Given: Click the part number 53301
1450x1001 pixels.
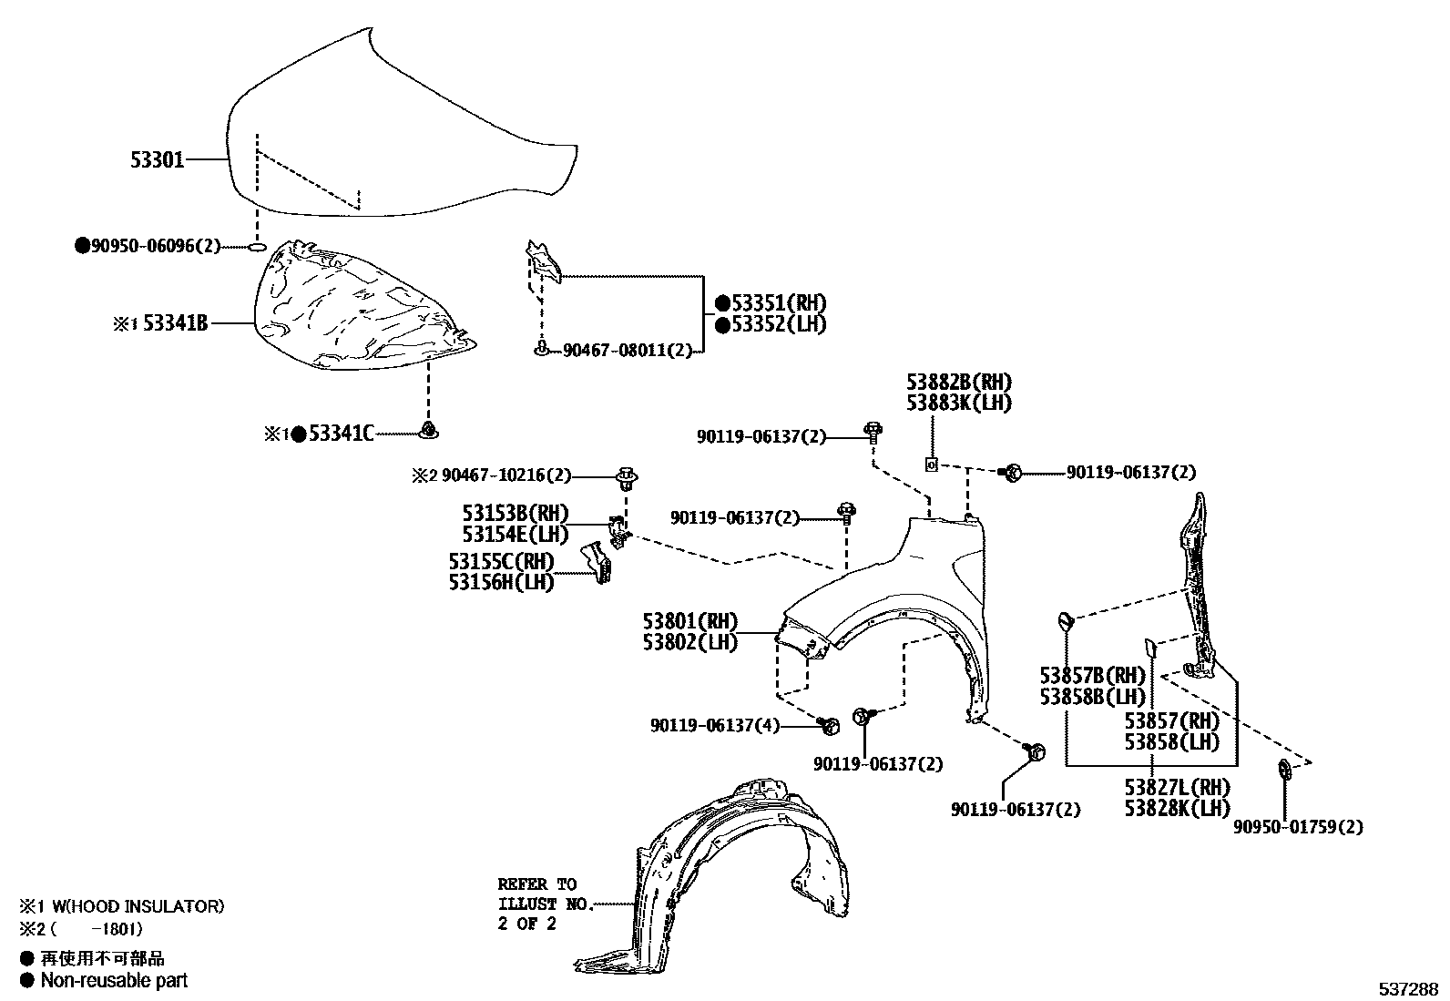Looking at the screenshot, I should (158, 160).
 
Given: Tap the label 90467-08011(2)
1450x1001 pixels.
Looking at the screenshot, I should (627, 350).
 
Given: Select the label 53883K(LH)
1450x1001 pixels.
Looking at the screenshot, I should (958, 403).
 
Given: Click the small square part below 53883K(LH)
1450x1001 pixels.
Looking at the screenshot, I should (931, 465).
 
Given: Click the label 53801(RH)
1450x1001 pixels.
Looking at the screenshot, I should (689, 621).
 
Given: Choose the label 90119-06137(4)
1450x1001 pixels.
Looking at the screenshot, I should (715, 726).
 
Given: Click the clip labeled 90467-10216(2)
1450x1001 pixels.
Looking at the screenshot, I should (627, 475).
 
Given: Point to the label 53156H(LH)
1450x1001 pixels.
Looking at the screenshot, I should (501, 582).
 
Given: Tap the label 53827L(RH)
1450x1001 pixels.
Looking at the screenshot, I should (1176, 787).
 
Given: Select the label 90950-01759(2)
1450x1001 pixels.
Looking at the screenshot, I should (1298, 827).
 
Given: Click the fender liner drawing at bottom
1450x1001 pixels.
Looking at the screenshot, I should (729, 874).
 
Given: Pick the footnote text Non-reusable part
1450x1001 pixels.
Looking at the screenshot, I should (114, 980).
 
